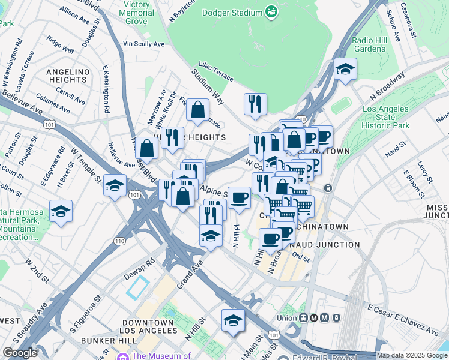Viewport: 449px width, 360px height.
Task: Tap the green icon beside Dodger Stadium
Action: (x=271, y=11)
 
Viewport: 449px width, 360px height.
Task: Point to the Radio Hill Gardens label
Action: (x=370, y=44)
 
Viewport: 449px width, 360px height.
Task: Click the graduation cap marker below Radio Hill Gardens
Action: (x=345, y=70)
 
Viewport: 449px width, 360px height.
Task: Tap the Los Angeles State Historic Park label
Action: (x=387, y=118)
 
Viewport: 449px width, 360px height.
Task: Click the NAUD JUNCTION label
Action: (x=325, y=245)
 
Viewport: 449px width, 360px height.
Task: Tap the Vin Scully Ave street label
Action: (x=143, y=44)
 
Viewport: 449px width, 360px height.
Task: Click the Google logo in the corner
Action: (x=20, y=353)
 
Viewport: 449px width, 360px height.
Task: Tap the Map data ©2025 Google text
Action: (x=412, y=355)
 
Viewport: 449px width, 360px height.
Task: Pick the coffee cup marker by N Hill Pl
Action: (x=239, y=197)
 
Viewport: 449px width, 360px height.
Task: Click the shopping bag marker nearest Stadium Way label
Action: (x=197, y=110)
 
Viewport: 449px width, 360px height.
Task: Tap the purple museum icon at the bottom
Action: (x=123, y=356)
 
